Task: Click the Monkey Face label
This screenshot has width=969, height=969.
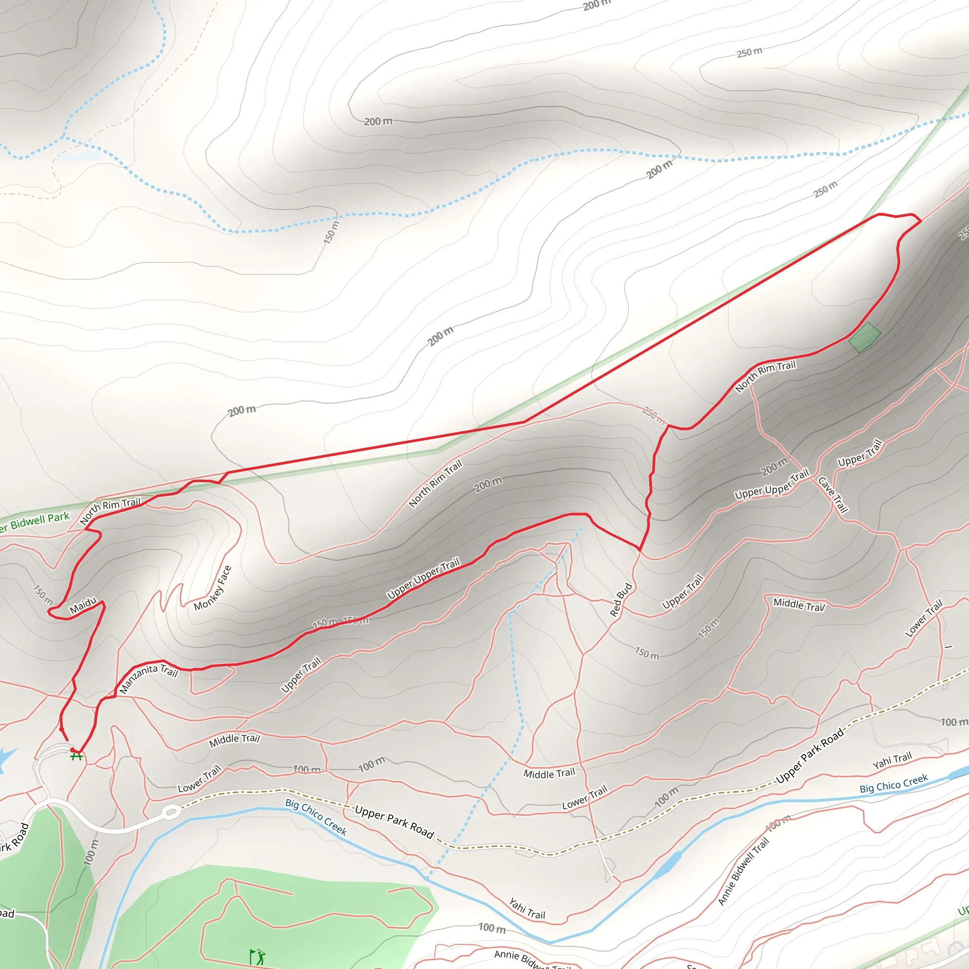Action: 212,588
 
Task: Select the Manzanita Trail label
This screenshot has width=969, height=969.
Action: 149,678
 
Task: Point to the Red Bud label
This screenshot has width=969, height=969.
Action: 621,599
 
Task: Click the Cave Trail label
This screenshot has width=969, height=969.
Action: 833,495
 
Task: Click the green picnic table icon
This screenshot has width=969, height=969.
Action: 76,755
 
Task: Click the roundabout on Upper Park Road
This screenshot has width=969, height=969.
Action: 171,811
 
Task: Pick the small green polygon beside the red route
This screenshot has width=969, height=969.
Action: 864,337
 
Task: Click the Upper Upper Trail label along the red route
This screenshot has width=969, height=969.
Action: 423,579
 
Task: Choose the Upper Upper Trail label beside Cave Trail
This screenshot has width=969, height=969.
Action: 771,484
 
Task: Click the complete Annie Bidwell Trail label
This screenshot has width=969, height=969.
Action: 743,872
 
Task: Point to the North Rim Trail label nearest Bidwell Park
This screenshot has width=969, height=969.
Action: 110,511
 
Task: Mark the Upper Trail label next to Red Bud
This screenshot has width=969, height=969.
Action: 682,592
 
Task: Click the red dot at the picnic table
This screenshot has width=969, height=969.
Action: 72,750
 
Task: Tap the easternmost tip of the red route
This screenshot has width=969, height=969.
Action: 921,220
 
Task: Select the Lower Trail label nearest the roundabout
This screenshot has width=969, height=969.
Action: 199,779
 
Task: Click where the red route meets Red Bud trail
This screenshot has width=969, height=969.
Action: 640,550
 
